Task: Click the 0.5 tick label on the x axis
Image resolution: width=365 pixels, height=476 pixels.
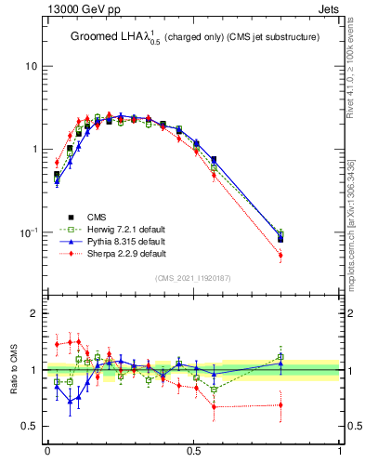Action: click(x=193, y=451)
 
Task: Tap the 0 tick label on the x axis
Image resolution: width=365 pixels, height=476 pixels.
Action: click(x=47, y=451)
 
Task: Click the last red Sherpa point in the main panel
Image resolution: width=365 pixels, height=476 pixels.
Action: click(x=280, y=255)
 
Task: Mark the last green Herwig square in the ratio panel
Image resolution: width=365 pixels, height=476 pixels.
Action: click(x=280, y=356)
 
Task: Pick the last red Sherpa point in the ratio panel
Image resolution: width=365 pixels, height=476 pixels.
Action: click(x=280, y=404)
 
